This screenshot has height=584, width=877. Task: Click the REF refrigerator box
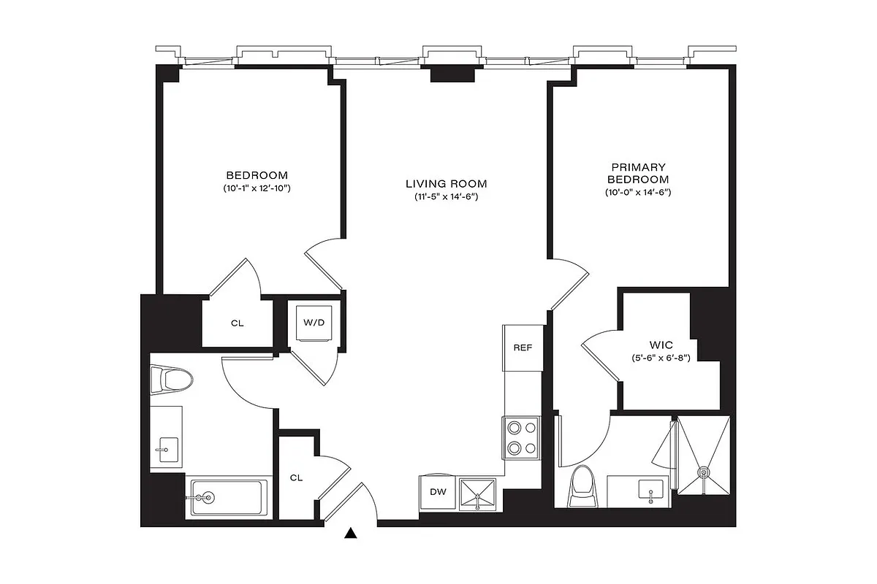522,348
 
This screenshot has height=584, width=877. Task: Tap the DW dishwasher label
438,492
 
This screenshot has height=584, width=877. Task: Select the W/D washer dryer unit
314,322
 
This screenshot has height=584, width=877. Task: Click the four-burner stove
520,437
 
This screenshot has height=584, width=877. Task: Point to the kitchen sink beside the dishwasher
477,496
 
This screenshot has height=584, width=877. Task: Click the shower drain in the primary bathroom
704,472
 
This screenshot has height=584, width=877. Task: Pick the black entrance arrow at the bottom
352,534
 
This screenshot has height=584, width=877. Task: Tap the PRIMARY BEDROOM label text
637,173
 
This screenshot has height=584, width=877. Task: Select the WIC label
661,343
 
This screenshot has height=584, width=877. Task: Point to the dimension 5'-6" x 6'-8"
661,358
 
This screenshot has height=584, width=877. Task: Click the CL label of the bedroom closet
237,323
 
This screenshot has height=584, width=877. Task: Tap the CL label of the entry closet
296,477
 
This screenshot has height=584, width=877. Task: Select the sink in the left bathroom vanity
167,447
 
